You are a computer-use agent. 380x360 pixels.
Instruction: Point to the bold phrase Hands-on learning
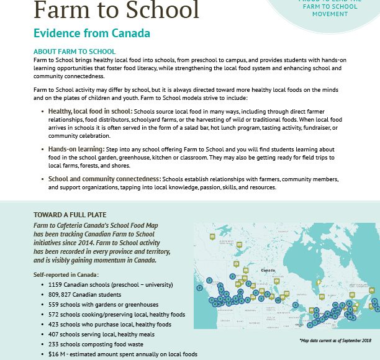coord(76,150)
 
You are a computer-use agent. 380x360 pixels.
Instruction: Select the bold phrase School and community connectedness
coord(104,179)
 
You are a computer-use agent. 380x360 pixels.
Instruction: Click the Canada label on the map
coord(268,271)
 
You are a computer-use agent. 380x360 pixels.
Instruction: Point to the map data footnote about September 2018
coord(334,341)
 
